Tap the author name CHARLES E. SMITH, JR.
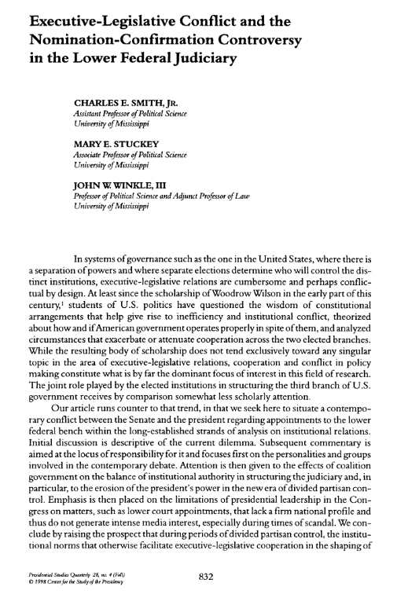coord(124,103)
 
